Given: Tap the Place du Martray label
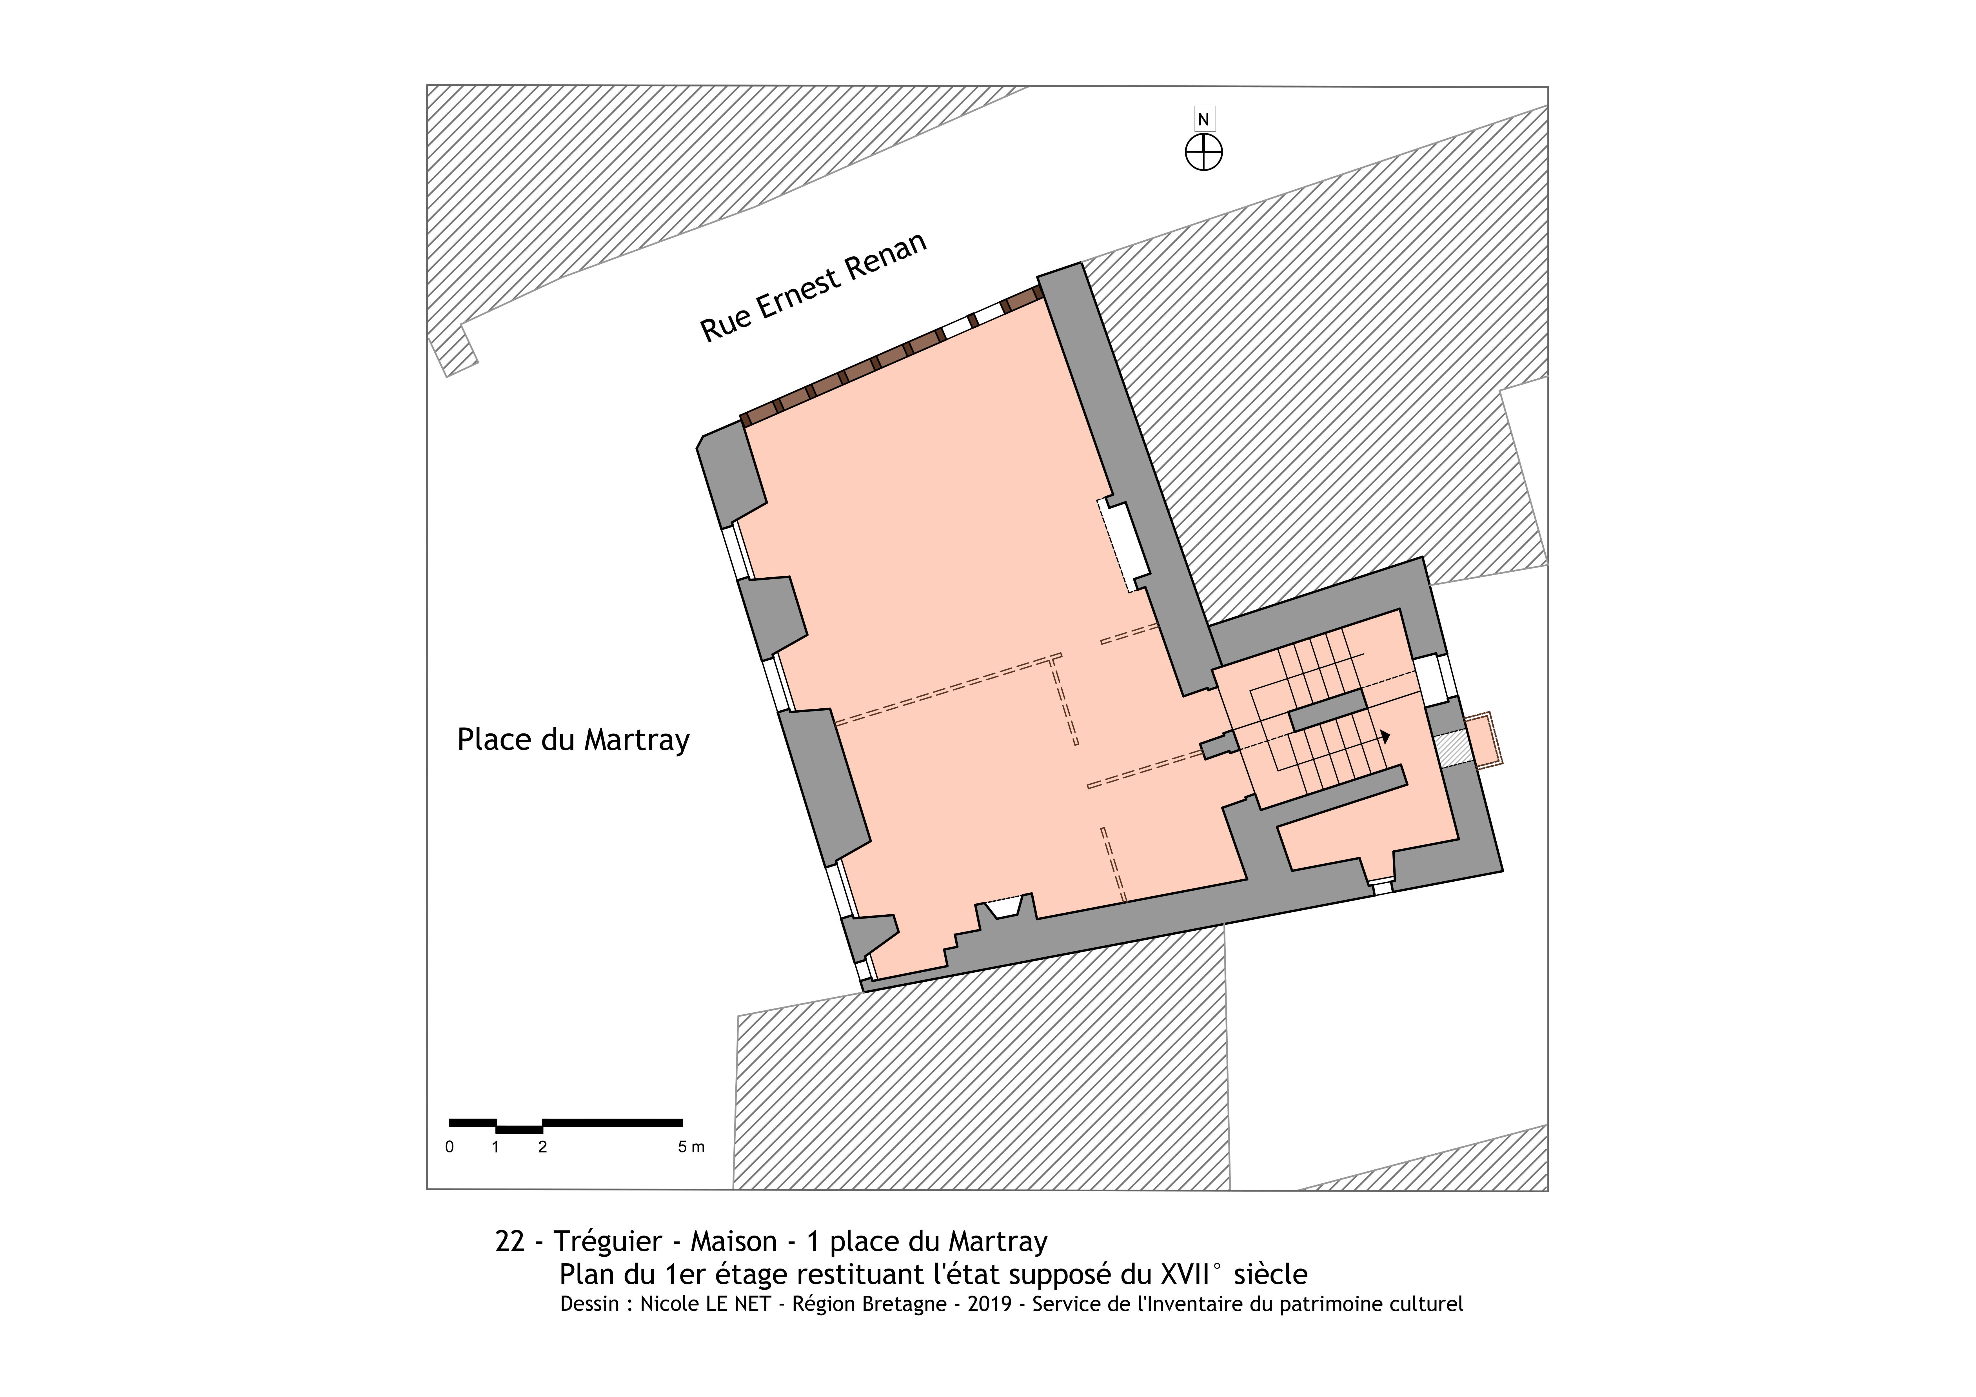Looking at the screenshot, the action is [x=573, y=740].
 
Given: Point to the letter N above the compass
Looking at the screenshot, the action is [x=1203, y=120].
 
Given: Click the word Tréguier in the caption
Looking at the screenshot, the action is [x=608, y=1241].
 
